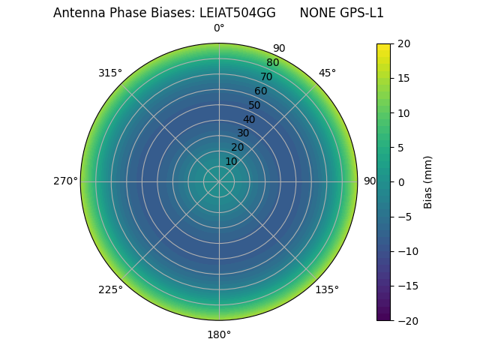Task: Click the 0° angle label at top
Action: click(219, 28)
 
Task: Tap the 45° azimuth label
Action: click(327, 73)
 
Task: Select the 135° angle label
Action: click(327, 289)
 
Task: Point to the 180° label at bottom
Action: click(219, 334)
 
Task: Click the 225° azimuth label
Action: click(110, 289)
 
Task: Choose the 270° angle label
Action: click(65, 181)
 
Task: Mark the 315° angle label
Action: click(110, 73)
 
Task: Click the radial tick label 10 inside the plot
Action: click(231, 161)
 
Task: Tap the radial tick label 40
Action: click(249, 119)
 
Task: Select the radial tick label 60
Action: click(260, 91)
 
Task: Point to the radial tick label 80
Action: click(272, 62)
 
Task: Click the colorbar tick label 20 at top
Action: click(403, 43)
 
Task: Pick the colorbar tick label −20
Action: click(406, 320)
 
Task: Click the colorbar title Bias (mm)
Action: click(428, 182)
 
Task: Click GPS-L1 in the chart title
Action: click(363, 13)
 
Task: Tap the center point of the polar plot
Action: click(219, 181)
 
